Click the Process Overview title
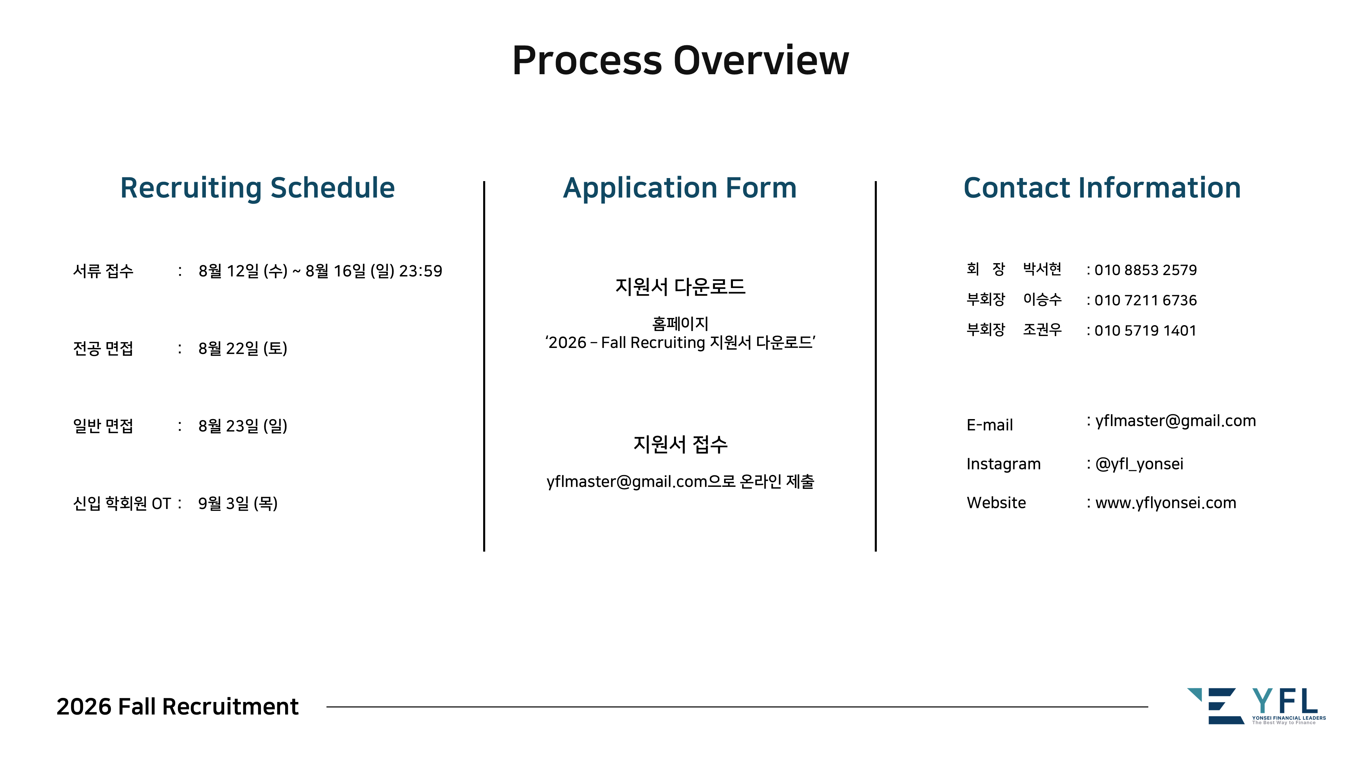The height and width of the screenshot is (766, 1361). tap(680, 60)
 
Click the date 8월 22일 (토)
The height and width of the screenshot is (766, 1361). tap(243, 348)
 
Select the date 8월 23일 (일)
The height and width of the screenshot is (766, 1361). tap(243, 426)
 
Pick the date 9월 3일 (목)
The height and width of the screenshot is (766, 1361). tap(238, 503)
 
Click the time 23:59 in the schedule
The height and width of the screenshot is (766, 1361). tap(421, 271)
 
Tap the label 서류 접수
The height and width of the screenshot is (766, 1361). tap(103, 271)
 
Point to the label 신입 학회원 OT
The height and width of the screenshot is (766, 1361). tap(122, 503)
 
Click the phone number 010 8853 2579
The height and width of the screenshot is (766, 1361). tap(1145, 270)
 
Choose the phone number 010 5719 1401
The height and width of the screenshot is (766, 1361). tap(1145, 330)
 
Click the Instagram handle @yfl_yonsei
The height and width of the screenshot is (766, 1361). tap(1139, 464)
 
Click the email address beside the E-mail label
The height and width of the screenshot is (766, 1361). tap(1176, 421)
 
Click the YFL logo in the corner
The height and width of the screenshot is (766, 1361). tap(1257, 706)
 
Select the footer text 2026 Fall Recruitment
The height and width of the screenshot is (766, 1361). tap(178, 707)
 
